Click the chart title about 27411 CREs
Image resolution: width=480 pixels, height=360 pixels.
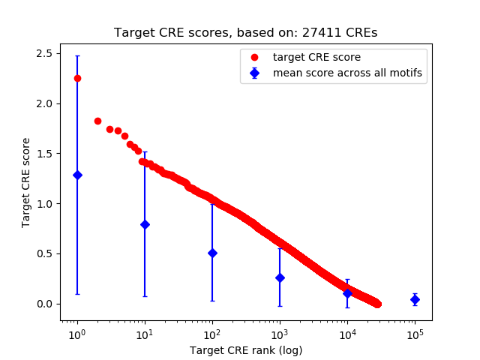click(x=246, y=33)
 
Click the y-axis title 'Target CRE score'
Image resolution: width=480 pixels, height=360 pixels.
click(x=26, y=182)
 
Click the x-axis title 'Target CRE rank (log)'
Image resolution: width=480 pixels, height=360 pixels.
click(x=246, y=350)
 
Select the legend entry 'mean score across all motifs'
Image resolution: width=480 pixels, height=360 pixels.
click(x=346, y=73)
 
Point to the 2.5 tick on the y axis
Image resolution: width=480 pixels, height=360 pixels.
click(x=43, y=53)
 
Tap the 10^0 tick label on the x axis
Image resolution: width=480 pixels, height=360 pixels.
click(x=76, y=334)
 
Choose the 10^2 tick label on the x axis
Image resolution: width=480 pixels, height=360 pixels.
click(x=212, y=334)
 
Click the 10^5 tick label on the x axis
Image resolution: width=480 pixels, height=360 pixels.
click(x=415, y=334)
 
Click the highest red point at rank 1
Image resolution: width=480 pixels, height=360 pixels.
click(x=77, y=78)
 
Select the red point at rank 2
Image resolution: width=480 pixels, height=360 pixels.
click(x=97, y=121)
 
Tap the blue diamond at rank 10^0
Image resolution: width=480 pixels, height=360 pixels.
click(x=77, y=175)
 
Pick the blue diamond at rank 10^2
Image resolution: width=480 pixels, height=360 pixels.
click(x=212, y=253)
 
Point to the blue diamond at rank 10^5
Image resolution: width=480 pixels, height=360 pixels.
click(x=415, y=299)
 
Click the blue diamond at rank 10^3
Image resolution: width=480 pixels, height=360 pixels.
click(x=280, y=277)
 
